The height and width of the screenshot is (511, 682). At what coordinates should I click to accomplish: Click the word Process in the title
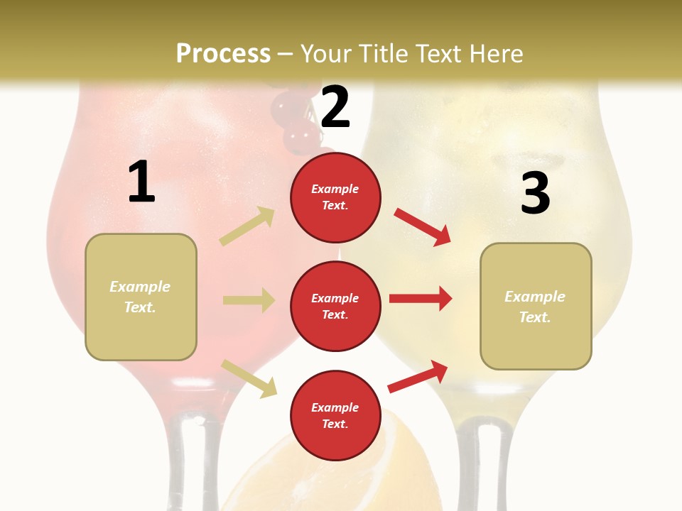coord(223,53)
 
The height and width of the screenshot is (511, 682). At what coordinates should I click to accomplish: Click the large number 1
coord(141,182)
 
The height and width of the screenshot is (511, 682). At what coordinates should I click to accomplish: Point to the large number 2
coord(335,107)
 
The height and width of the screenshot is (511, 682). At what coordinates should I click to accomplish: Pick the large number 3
coord(535,193)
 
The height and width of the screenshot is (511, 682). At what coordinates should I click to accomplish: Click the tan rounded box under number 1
coord(141,297)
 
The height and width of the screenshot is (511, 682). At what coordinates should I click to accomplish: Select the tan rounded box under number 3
coord(536,307)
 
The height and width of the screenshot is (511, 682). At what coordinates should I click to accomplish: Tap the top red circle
coord(335,197)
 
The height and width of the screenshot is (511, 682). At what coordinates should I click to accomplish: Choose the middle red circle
coord(335,306)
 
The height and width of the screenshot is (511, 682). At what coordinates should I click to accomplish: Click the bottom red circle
coord(335,415)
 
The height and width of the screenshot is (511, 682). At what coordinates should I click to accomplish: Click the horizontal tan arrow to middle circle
coord(249,300)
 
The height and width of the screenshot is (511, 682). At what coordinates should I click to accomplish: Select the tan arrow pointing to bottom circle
coord(249,378)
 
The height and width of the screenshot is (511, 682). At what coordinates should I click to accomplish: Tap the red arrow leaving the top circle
coord(422,226)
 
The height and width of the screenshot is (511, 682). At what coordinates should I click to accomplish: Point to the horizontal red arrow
coord(421,299)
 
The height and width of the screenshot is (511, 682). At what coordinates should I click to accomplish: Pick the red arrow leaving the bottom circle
coord(418,376)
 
